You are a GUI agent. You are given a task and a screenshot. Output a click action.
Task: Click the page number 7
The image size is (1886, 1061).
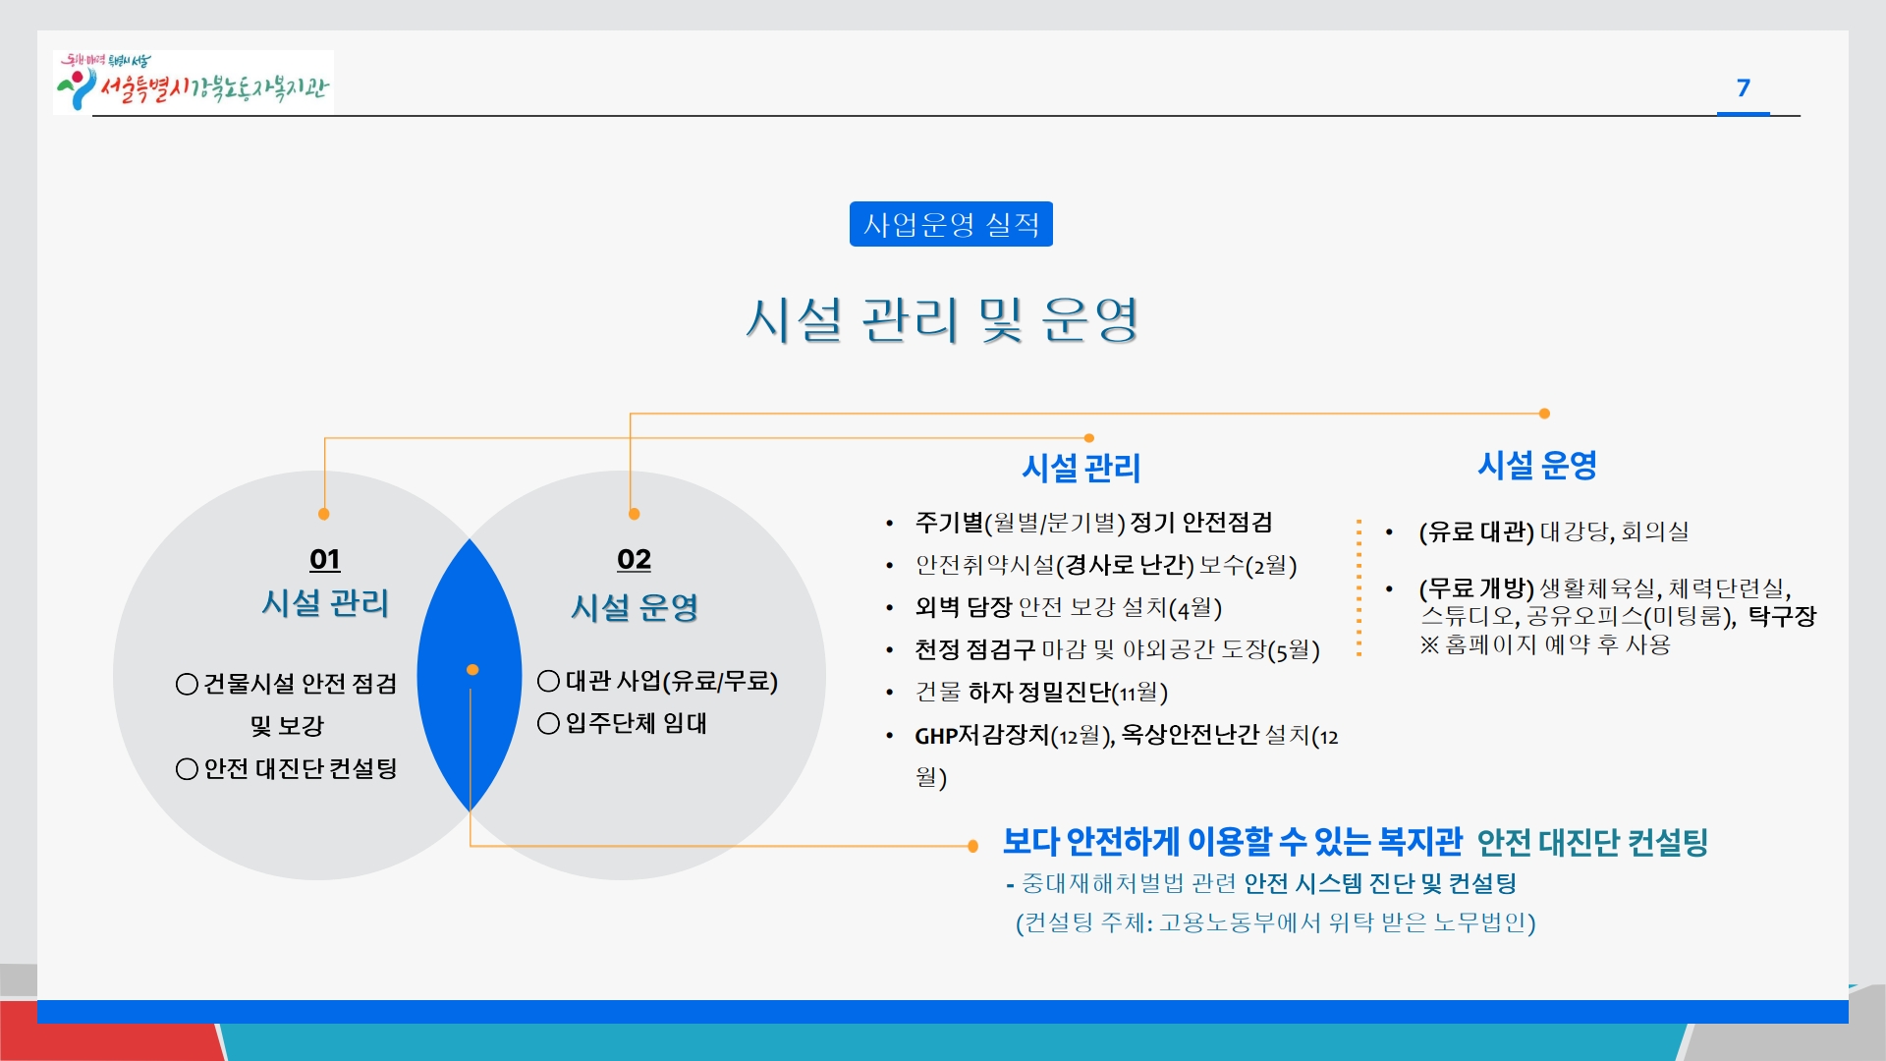[1744, 88]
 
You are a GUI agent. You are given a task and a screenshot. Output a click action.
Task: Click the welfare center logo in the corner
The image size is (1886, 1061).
[194, 83]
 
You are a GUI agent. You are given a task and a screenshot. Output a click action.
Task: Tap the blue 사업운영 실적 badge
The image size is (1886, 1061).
[951, 224]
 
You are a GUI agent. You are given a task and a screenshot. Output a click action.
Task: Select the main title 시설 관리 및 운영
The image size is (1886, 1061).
[942, 319]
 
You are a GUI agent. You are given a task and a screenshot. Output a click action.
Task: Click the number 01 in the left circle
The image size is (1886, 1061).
[325, 559]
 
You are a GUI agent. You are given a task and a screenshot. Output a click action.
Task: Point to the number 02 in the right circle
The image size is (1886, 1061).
[635, 559]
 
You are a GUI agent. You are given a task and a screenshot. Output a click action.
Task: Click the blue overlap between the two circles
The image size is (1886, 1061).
[470, 675]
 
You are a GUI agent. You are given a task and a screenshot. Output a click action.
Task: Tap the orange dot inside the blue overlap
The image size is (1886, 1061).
[472, 670]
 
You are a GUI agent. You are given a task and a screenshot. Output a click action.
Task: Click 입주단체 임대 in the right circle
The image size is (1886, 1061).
[623, 724]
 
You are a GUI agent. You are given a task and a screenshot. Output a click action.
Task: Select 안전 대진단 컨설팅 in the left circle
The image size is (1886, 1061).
[286, 768]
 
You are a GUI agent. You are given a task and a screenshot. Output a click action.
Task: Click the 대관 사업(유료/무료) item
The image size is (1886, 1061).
[657, 681]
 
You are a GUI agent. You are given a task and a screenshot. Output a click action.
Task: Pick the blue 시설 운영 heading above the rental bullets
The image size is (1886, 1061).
[1537, 465]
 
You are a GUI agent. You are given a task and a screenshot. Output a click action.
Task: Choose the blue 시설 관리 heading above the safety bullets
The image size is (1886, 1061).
[1082, 468]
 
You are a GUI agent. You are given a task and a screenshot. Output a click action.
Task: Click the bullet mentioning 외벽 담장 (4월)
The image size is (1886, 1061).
[1068, 608]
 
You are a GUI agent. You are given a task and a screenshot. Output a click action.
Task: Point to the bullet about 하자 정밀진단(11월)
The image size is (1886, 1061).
[1041, 693]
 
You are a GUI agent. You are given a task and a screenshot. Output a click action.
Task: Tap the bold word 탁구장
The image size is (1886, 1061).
[1782, 616]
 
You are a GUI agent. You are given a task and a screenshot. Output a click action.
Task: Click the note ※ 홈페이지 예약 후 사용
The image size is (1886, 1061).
[1545, 644]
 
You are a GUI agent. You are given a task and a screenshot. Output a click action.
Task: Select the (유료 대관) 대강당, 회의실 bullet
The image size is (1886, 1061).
[1554, 531]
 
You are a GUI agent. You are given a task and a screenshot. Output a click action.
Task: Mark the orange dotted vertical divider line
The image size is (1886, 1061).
[1359, 587]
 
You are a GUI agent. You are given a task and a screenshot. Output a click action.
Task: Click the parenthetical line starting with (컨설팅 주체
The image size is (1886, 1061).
[1275, 922]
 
